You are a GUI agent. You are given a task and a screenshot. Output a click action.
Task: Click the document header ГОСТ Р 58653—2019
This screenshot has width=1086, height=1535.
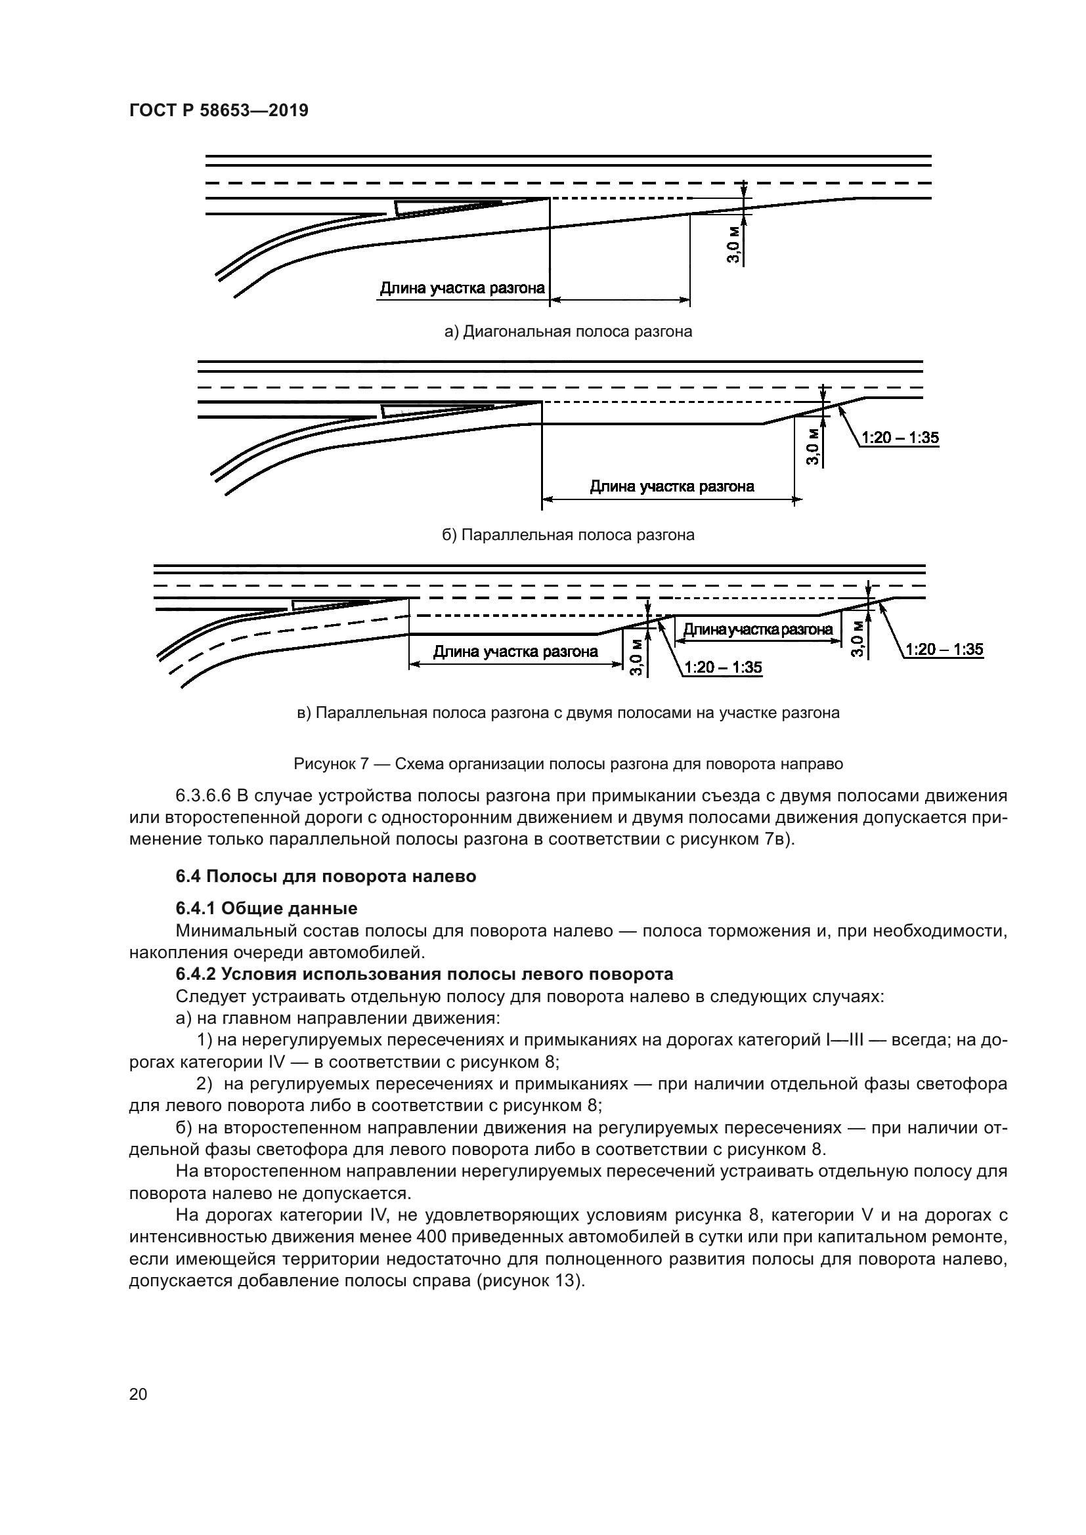point(219,111)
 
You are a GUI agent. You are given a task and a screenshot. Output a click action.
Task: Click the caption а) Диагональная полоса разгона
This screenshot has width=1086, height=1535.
point(568,331)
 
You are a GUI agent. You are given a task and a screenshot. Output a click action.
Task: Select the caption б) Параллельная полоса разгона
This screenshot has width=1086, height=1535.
point(568,535)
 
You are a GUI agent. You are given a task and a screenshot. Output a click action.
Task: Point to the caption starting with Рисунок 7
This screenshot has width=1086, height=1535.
point(568,763)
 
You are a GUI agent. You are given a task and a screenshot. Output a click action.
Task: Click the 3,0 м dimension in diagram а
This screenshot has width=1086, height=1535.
point(733,245)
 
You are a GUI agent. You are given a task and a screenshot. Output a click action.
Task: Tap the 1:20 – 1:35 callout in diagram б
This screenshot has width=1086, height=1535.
point(900,438)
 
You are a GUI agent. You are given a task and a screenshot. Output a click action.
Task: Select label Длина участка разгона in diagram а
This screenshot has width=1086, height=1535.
point(462,289)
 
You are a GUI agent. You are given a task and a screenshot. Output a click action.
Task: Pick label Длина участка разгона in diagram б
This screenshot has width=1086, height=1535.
point(672,487)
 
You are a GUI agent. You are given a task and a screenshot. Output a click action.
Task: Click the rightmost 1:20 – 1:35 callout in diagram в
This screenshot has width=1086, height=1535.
point(944,649)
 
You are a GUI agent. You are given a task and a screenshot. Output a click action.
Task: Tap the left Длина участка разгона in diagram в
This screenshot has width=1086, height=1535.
point(515,652)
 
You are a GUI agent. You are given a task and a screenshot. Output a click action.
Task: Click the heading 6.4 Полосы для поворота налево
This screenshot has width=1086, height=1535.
point(326,877)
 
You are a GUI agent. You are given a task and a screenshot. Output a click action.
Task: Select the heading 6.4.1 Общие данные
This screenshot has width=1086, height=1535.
point(266,908)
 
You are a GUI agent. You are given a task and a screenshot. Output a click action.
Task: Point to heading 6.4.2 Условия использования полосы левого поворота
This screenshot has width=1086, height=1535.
point(424,974)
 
